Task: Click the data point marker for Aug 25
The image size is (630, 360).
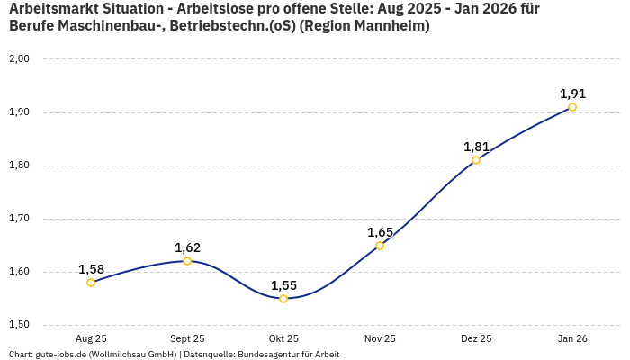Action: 91,283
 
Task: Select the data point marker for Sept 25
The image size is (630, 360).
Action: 187,261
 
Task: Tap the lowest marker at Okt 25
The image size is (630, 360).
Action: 283,299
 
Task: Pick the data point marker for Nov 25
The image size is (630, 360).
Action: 380,246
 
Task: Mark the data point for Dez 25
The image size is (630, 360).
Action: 476,160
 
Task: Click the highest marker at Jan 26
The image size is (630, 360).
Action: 572,107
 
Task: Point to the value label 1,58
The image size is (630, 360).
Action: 91,269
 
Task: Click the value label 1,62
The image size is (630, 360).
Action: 187,247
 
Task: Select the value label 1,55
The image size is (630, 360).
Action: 283,285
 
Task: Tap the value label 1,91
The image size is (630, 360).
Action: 572,94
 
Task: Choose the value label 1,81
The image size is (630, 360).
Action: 476,147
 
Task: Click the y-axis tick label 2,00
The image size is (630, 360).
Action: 19,59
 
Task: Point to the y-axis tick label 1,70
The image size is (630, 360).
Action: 19,219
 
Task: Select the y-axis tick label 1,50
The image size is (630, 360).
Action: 19,325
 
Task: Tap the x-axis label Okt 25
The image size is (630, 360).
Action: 283,338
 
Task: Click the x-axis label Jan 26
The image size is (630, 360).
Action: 572,338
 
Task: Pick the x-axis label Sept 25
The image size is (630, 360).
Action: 187,338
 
